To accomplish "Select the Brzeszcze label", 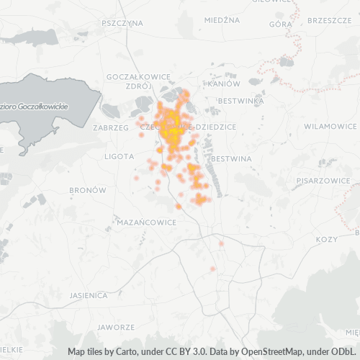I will tap(328, 21).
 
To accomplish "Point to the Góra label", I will tap(279, 24).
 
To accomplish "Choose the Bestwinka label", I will tap(241, 101).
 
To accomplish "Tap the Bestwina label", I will tap(233, 158).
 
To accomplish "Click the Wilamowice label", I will tap(330, 126).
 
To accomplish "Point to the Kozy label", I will tap(326, 239).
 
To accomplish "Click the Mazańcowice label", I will tap(146, 222).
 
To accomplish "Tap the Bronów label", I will tap(88, 190).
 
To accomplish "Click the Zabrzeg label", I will tap(109, 127).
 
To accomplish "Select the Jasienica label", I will tap(89, 295).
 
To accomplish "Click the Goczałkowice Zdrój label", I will tap(137, 81).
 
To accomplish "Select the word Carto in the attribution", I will tap(122, 352).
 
